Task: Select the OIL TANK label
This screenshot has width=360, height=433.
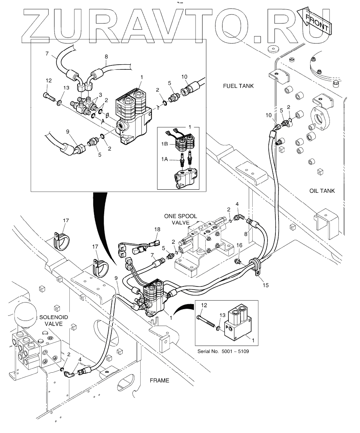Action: [x=322, y=191]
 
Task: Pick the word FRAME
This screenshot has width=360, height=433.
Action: [x=159, y=380]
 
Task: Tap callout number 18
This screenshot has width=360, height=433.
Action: [x=157, y=229]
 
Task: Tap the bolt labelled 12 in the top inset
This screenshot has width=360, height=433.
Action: [x=48, y=95]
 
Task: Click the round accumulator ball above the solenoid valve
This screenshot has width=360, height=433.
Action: [x=25, y=313]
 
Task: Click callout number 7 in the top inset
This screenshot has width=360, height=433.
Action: [x=47, y=53]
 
